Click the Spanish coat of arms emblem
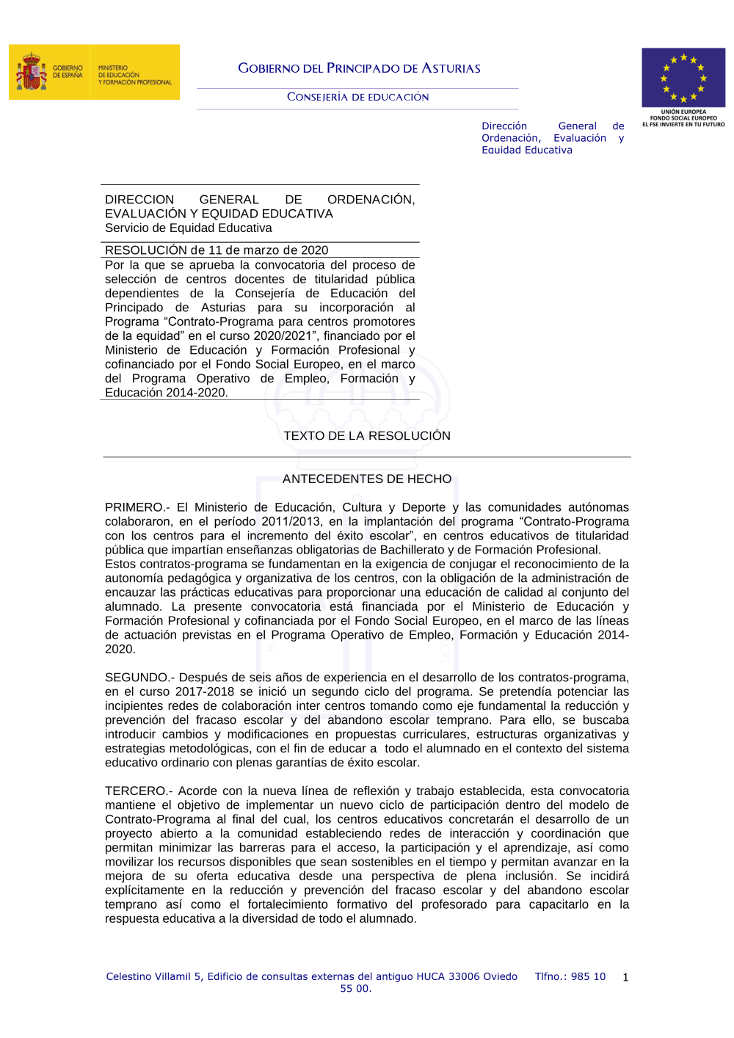coord(31,72)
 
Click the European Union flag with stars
coord(683,78)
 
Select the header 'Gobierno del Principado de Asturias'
coord(359,68)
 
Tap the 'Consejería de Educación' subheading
coord(357,97)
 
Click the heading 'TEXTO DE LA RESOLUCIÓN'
coord(367,435)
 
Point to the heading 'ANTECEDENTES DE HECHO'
coord(367,479)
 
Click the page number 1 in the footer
coord(625,977)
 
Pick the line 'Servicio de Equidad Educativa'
coord(188,228)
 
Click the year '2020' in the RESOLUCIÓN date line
coord(313,250)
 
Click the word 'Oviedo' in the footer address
coord(500,976)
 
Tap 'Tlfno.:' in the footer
coord(551,976)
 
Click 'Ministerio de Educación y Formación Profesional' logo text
coord(135,75)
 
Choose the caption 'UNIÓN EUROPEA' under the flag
coord(683,112)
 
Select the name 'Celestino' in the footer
coord(130,976)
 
